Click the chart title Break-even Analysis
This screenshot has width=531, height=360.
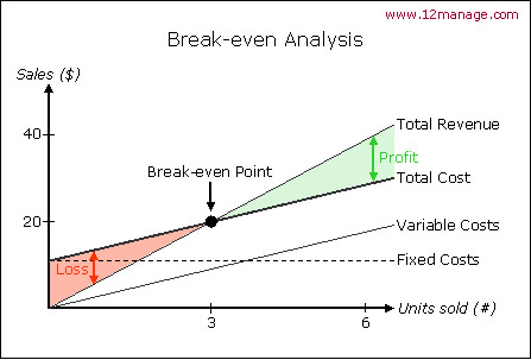coord(265,39)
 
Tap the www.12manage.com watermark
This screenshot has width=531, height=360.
coord(452,15)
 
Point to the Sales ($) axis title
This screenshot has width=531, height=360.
coord(48,75)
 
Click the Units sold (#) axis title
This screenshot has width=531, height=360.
coord(447,308)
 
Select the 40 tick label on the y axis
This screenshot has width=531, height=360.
coord(32,134)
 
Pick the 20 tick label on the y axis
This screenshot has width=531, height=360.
coord(32,222)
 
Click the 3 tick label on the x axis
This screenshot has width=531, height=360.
coord(211,323)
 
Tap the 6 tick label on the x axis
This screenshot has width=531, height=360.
coord(365,323)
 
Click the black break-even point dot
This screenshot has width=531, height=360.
coord(211,222)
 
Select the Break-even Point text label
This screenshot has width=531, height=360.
coord(209,172)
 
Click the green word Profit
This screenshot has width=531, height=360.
coord(399,157)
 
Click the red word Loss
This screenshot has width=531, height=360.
coord(72,270)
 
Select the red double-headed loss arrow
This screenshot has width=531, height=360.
coord(94,267)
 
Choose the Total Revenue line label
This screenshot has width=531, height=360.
coord(448,124)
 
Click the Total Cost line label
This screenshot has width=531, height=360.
coord(433,178)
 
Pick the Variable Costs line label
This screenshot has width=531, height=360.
coord(448,225)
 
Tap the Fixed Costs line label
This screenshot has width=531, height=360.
coord(438,260)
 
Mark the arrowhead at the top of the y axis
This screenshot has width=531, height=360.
coord(49,89)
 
